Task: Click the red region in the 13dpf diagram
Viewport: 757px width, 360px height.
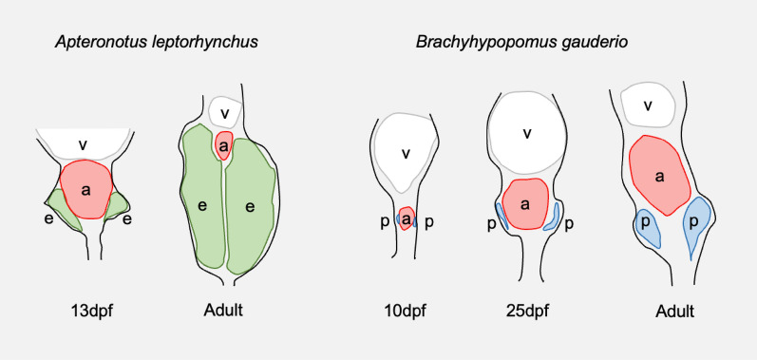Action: (85, 189)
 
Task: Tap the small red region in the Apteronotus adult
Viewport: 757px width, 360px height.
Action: (224, 145)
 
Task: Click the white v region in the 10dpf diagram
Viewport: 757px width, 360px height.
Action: (407, 152)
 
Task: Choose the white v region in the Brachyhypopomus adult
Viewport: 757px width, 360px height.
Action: (647, 104)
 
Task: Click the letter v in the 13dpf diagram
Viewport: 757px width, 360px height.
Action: (84, 144)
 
